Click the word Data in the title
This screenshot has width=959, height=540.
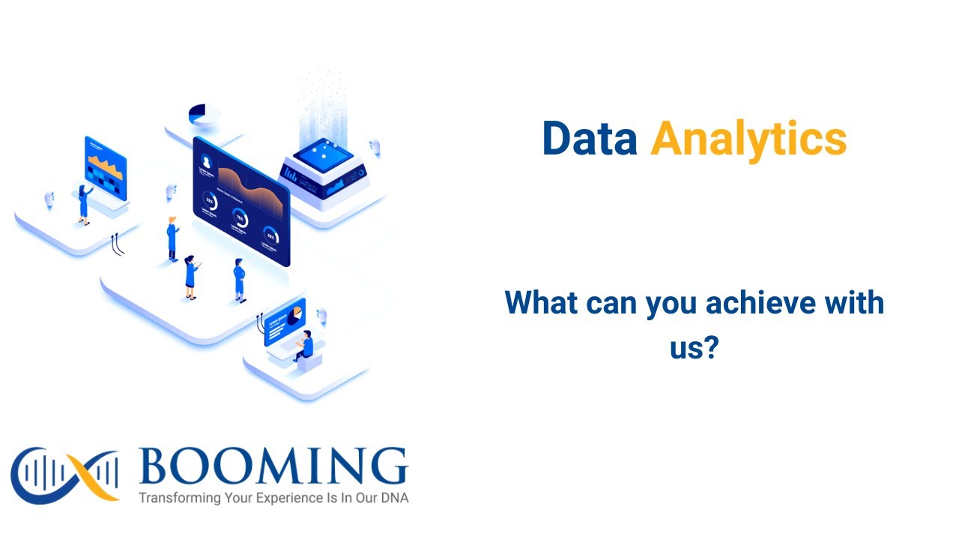tap(589, 139)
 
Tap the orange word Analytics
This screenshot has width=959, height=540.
tap(748, 139)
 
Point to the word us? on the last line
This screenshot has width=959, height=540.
tap(694, 347)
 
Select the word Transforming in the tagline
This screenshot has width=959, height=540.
tap(180, 497)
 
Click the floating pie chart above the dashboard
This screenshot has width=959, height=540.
tap(202, 114)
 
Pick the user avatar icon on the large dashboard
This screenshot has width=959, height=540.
tap(206, 160)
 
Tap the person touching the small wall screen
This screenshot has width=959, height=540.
tap(83, 203)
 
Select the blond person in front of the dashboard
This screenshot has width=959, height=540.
tap(172, 238)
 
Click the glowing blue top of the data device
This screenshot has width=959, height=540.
tap(323, 154)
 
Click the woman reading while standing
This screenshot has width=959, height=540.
tap(190, 276)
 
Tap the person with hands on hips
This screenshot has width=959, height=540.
tap(239, 279)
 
